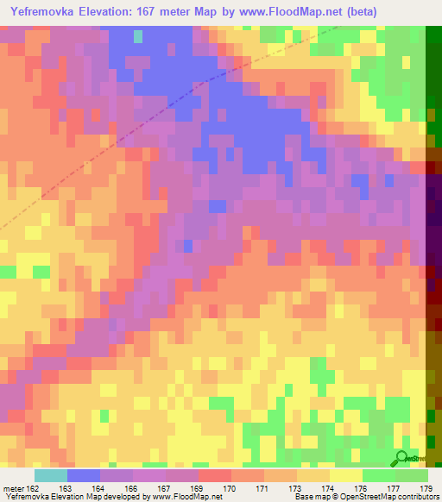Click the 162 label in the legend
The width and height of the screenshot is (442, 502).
point(33,488)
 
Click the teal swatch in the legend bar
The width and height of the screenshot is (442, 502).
point(51,475)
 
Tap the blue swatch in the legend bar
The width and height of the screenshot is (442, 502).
point(84,475)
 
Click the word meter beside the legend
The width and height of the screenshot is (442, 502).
point(13,488)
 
